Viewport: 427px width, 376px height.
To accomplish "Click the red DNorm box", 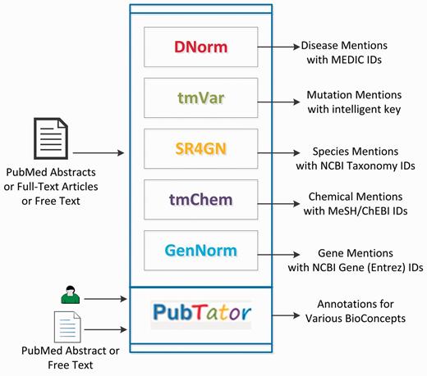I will (200, 47).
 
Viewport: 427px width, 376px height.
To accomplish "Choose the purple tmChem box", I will (200, 199).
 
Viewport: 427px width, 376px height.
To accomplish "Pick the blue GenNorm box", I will (200, 250).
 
